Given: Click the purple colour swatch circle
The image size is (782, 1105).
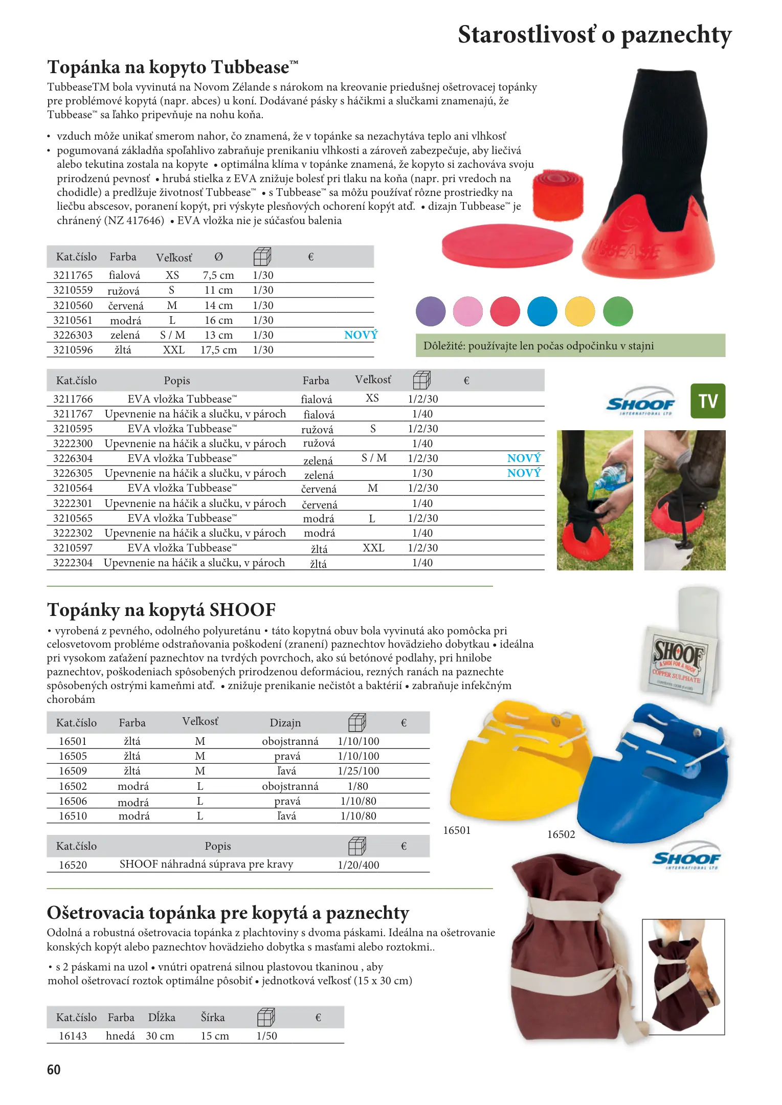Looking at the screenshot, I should pyautogui.click(x=431, y=311).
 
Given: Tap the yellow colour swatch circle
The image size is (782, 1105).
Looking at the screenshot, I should pyautogui.click(x=580, y=311).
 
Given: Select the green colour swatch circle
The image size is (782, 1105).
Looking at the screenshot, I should pyautogui.click(x=618, y=311).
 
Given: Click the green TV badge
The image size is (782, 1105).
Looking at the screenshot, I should pyautogui.click(x=708, y=401).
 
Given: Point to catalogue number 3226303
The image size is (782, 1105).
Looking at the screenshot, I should pyautogui.click(x=73, y=335).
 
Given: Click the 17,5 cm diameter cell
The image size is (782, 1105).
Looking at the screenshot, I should pyautogui.click(x=218, y=350).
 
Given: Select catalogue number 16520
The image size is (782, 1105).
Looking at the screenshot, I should pyautogui.click(x=73, y=865).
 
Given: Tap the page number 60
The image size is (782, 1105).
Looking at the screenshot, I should pyautogui.click(x=54, y=1070).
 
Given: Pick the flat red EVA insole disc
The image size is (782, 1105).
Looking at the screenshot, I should pyautogui.click(x=507, y=246).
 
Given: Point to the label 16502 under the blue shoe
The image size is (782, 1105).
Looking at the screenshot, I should pyautogui.click(x=561, y=834).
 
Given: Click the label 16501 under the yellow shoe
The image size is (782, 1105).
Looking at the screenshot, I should pyautogui.click(x=457, y=830).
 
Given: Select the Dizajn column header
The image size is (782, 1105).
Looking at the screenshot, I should pyautogui.click(x=285, y=723).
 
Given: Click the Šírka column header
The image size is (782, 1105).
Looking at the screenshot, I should pyautogui.click(x=213, y=1018).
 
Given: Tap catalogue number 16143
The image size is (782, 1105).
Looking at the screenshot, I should pyautogui.click(x=73, y=1036).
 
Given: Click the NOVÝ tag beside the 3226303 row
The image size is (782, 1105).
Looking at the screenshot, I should pyautogui.click(x=361, y=335).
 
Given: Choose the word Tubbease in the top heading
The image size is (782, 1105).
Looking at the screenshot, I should pyautogui.click(x=250, y=68).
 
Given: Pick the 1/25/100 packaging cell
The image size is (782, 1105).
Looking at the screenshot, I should pyautogui.click(x=359, y=771).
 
